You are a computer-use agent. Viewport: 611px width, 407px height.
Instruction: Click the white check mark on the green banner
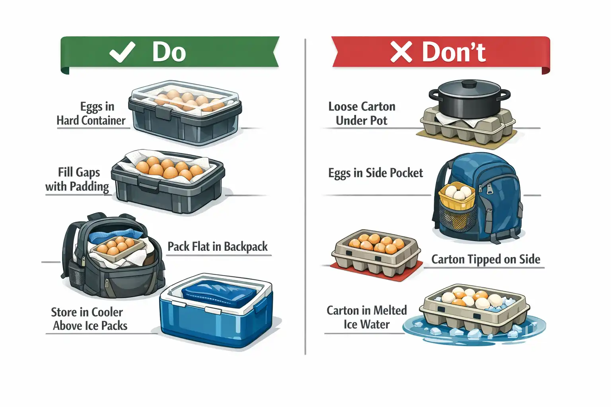click(122, 52)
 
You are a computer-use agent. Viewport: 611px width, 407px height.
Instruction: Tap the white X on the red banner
click(401, 52)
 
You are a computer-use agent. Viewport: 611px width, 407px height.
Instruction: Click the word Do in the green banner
click(169, 52)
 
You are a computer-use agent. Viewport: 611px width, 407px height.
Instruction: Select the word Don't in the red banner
click(454, 52)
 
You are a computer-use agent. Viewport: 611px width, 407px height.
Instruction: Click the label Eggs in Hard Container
click(91, 114)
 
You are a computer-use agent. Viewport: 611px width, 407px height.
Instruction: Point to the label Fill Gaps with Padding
click(78, 179)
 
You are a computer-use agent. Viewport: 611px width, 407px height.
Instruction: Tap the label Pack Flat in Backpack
click(218, 246)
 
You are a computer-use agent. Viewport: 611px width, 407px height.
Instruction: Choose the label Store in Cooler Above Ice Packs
click(89, 319)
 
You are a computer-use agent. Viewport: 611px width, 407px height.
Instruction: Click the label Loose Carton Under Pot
click(362, 113)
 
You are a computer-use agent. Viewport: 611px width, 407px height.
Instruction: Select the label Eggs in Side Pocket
click(376, 173)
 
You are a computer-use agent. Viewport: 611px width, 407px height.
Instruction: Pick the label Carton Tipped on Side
click(486, 259)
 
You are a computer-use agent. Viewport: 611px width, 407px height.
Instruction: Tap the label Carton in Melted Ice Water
click(366, 317)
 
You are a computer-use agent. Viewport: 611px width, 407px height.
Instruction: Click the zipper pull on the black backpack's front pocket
click(107, 283)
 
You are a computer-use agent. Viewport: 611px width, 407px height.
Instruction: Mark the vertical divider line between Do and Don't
click(305, 199)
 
